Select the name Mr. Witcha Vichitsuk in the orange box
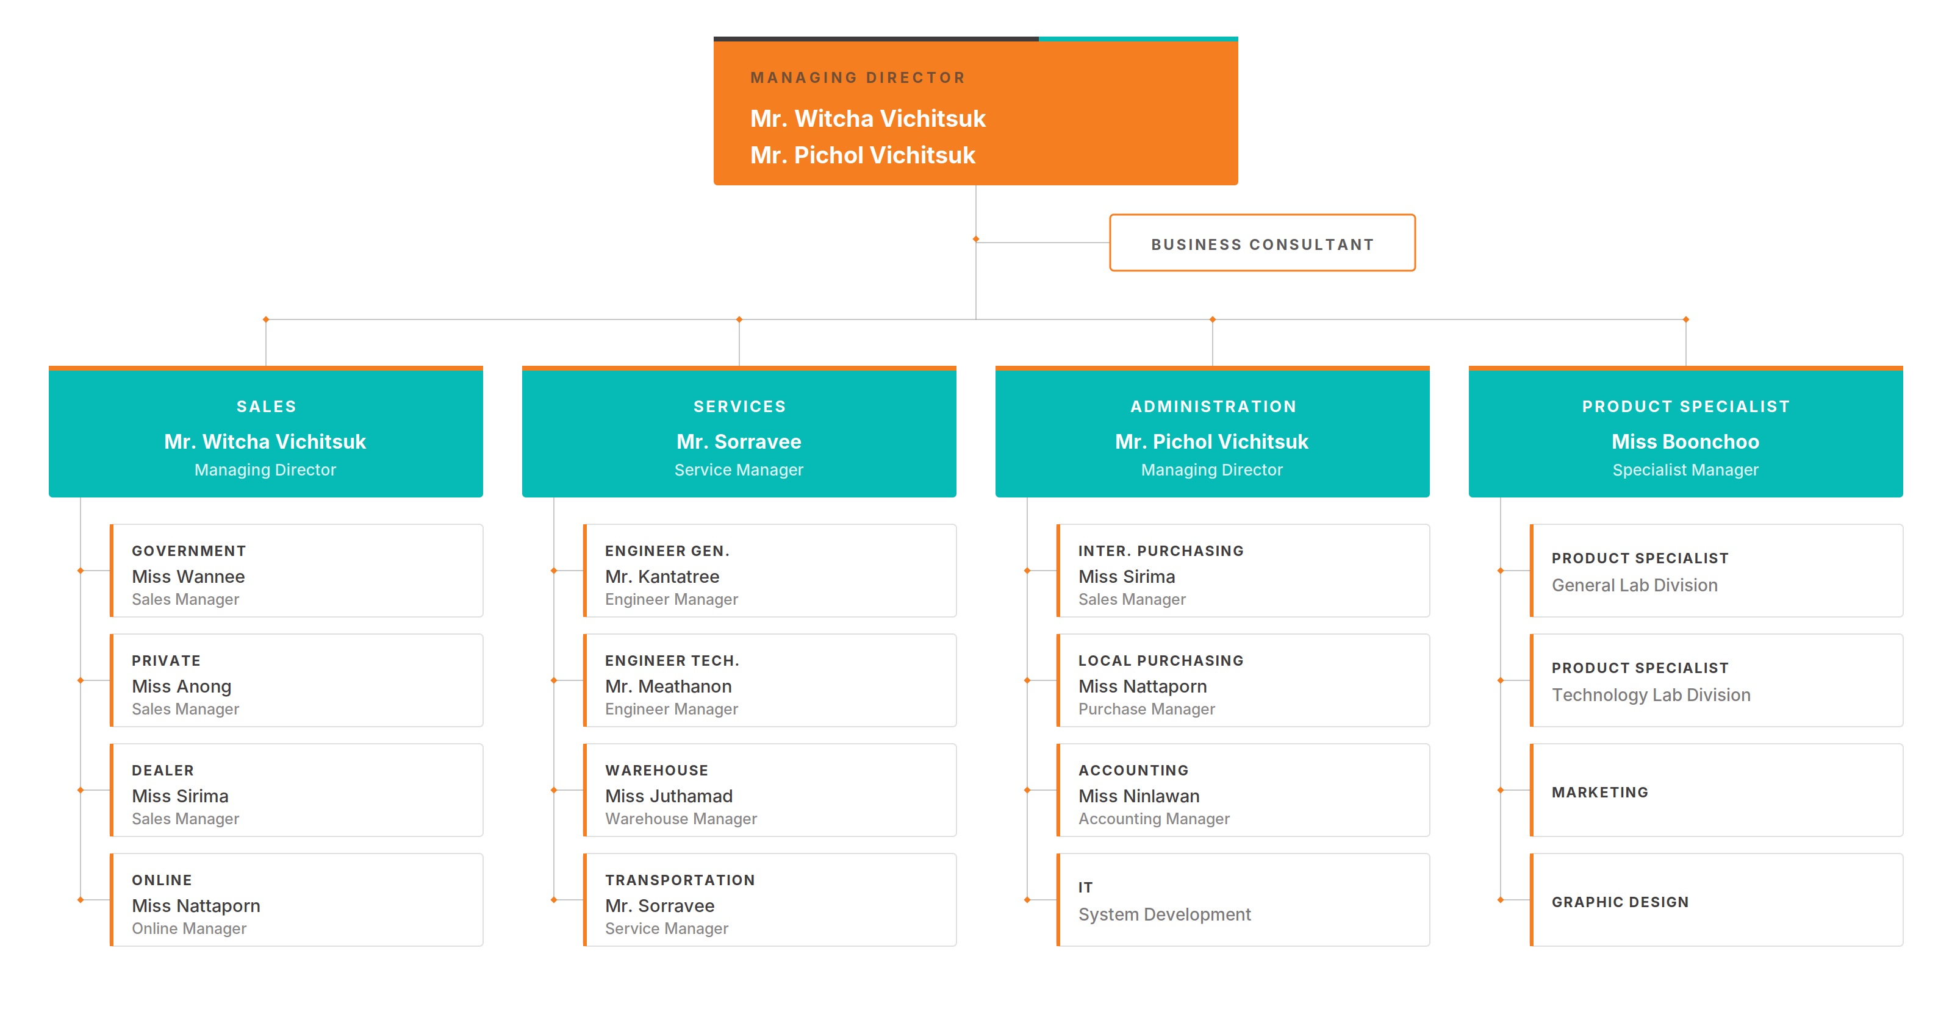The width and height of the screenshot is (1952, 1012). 867,119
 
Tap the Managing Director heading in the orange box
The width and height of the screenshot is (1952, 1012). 858,78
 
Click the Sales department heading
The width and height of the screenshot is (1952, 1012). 266,407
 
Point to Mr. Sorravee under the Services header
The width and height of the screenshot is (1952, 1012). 739,441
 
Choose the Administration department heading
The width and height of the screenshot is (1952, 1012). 1213,407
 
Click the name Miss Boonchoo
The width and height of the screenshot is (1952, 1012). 1685,441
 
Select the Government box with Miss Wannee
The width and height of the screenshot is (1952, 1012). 296,571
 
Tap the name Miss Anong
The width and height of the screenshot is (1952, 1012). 182,686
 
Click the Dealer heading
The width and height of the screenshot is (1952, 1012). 163,771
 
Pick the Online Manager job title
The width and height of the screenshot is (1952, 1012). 190,928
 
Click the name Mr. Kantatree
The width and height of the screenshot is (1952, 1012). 662,577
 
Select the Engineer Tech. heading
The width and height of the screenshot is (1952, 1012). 672,660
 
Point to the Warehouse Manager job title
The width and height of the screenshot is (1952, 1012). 681,819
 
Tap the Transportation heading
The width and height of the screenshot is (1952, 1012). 680,880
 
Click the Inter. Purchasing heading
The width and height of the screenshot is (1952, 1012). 1161,551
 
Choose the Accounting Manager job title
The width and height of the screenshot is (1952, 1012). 1154,819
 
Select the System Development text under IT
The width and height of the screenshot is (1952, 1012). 1164,914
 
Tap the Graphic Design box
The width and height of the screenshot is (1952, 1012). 1717,900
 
